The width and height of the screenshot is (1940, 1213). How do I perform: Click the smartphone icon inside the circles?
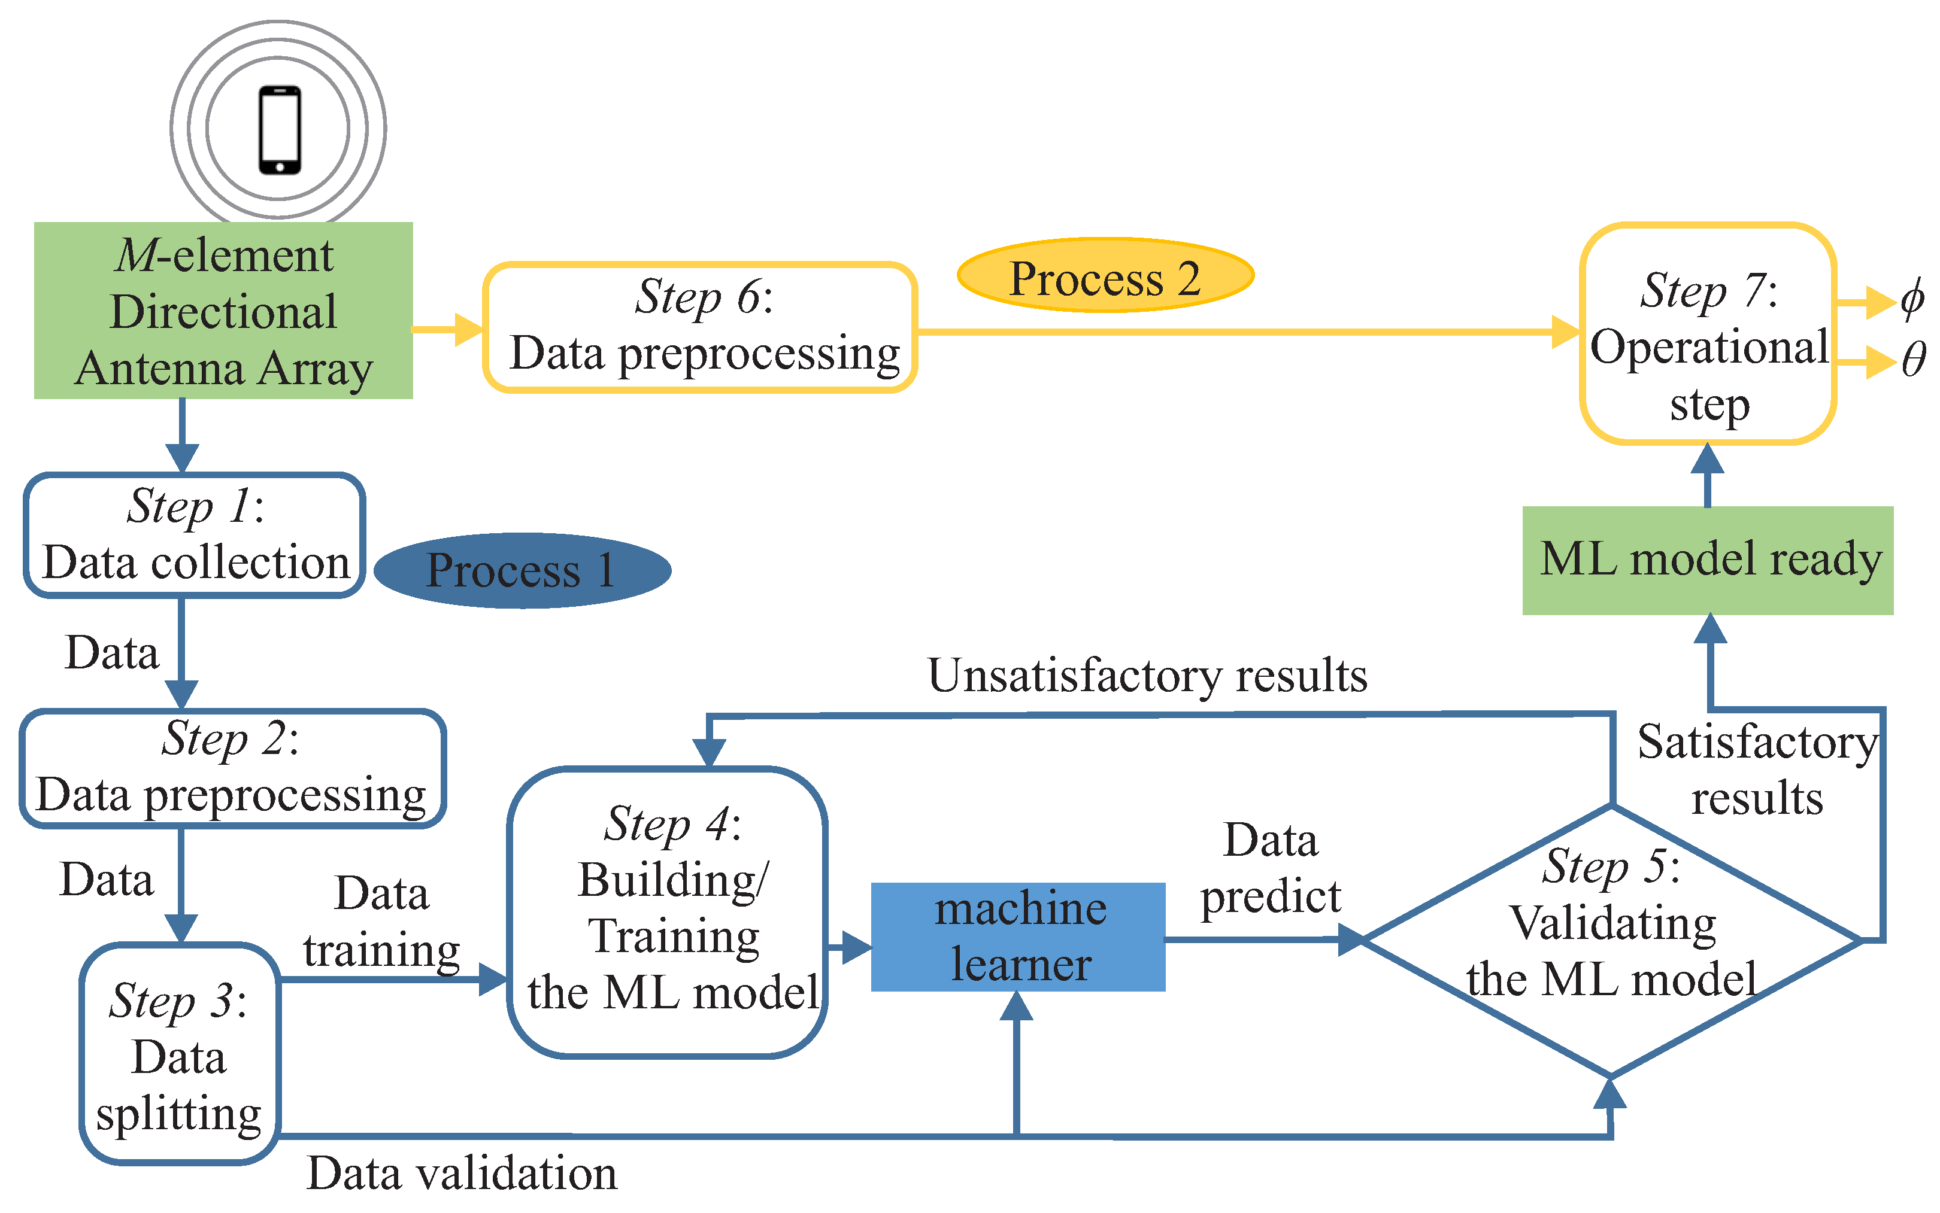(x=279, y=130)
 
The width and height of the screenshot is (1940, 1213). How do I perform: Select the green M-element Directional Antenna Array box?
(x=223, y=311)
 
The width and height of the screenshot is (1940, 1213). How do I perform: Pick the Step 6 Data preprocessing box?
(x=700, y=327)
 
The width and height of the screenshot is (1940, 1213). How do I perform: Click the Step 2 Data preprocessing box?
(x=232, y=768)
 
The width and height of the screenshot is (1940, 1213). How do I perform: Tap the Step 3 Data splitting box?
(x=179, y=1053)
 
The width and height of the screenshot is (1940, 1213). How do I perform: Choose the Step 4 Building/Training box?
(x=668, y=912)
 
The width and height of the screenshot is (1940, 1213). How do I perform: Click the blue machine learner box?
(x=1018, y=937)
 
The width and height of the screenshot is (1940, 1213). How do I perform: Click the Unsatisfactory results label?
(x=1147, y=676)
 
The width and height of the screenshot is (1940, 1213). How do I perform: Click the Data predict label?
(x=1270, y=869)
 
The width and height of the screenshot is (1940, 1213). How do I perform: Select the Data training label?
(x=381, y=923)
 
